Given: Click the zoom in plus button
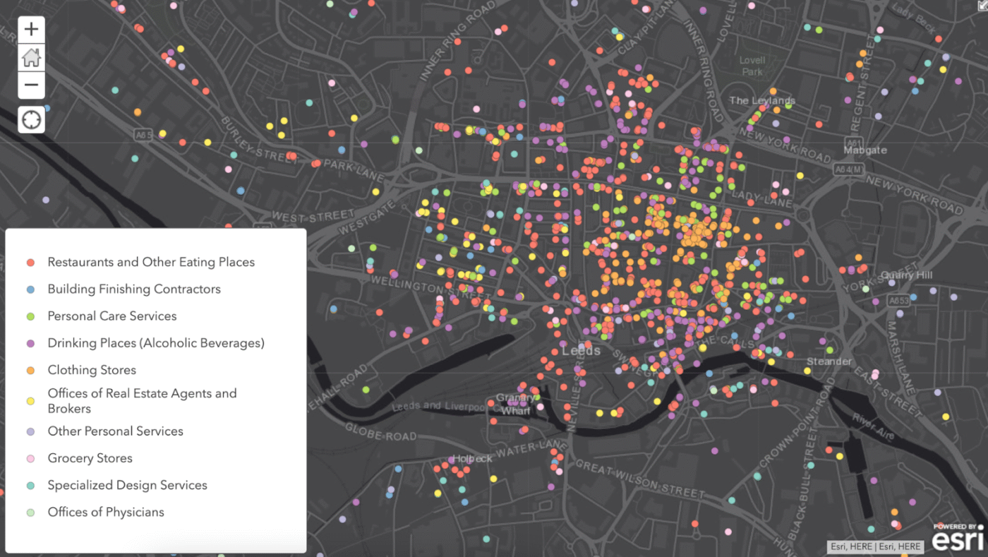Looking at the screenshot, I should coord(31,30).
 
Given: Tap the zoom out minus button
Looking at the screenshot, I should coord(31,85).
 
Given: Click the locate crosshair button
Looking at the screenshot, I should coord(32,119).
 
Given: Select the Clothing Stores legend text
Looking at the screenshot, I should coord(92,370).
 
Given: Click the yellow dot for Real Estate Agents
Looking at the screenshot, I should coord(30,401).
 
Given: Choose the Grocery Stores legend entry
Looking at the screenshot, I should coord(90,458).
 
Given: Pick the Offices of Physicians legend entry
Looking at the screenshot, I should coord(106,513).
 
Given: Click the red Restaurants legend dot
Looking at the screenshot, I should coord(30,263).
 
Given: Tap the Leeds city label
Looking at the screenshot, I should coord(582,351).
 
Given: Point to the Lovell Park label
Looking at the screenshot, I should coord(752,66).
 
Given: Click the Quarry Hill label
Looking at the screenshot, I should coord(907,275).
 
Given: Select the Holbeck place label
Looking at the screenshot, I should coord(472,459).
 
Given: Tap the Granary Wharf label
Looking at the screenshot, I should coord(513,404).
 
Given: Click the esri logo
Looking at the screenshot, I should coord(958,539).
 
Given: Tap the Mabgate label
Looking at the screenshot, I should coord(864,150).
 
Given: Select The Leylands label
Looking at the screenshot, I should coord(761,100).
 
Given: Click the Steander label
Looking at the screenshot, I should coord(829,361).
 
